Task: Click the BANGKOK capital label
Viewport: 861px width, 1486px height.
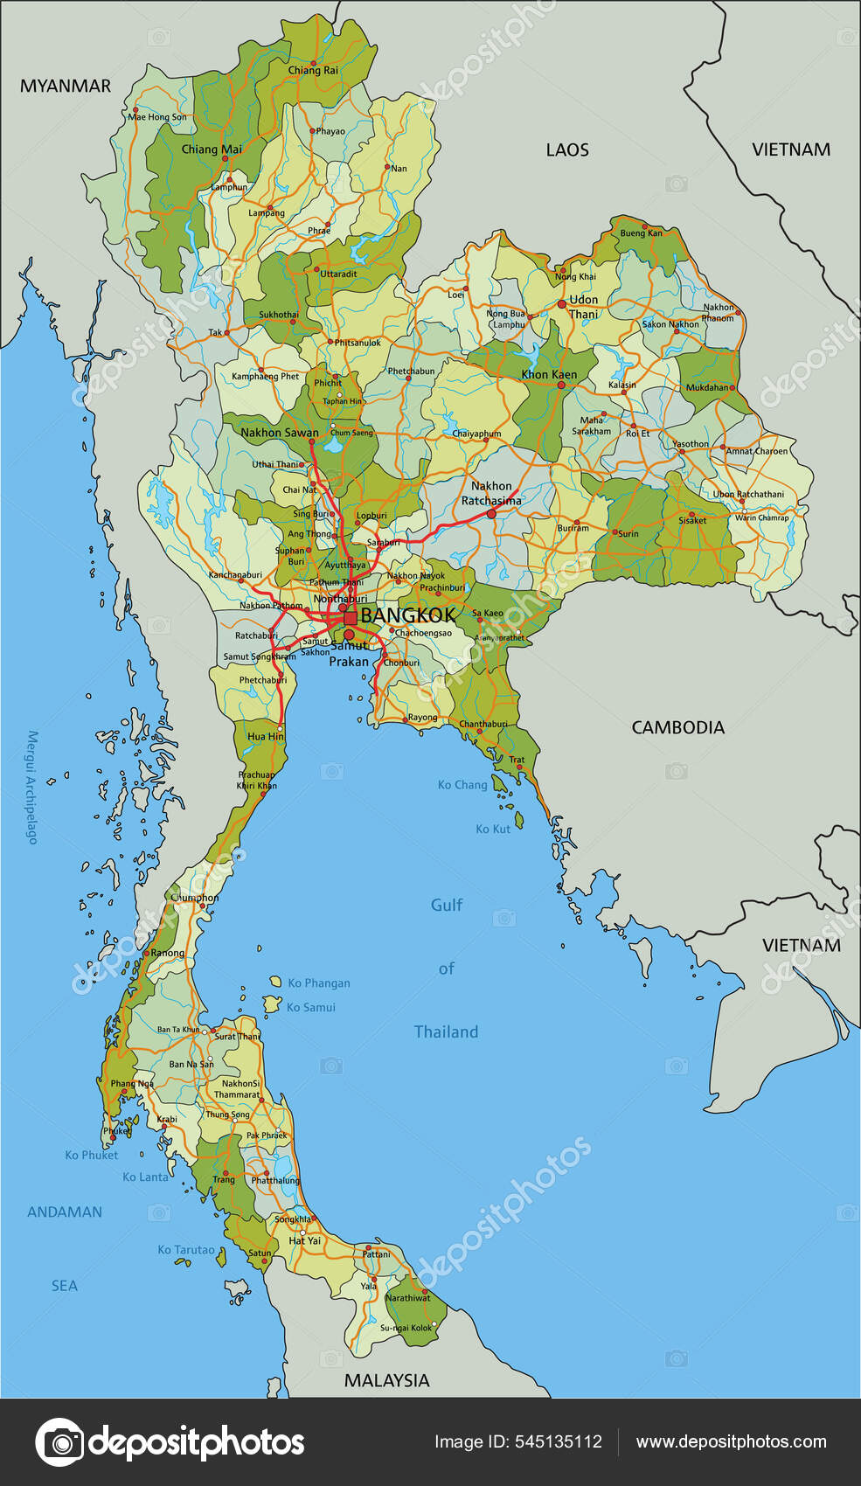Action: (407, 615)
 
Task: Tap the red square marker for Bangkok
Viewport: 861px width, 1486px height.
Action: (351, 618)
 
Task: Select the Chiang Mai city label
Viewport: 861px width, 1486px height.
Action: (212, 149)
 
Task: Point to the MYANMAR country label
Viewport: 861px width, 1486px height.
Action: (66, 86)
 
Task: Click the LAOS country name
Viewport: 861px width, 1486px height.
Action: (567, 149)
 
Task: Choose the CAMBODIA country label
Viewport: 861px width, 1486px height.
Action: (677, 727)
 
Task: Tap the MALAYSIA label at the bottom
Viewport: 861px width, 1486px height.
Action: (386, 1380)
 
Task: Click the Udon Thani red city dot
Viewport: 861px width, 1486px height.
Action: (561, 304)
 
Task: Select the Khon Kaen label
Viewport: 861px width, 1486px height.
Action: (549, 374)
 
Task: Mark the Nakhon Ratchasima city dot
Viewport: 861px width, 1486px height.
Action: (491, 514)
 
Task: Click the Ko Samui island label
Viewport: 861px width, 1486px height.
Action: (311, 1007)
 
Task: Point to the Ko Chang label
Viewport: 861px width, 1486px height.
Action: (462, 785)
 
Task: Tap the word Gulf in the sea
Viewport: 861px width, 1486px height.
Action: (447, 905)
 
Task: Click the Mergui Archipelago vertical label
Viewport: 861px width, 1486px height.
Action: (32, 787)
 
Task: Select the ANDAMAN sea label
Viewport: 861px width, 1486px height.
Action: (65, 1212)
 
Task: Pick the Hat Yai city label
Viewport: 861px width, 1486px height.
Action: (304, 1240)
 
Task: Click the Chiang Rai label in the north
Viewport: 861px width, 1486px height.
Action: (313, 70)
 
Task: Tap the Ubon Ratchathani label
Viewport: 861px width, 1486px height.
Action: (748, 494)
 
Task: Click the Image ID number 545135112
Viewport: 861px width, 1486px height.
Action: (556, 1442)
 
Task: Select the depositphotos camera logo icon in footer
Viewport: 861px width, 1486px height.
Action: (59, 1442)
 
